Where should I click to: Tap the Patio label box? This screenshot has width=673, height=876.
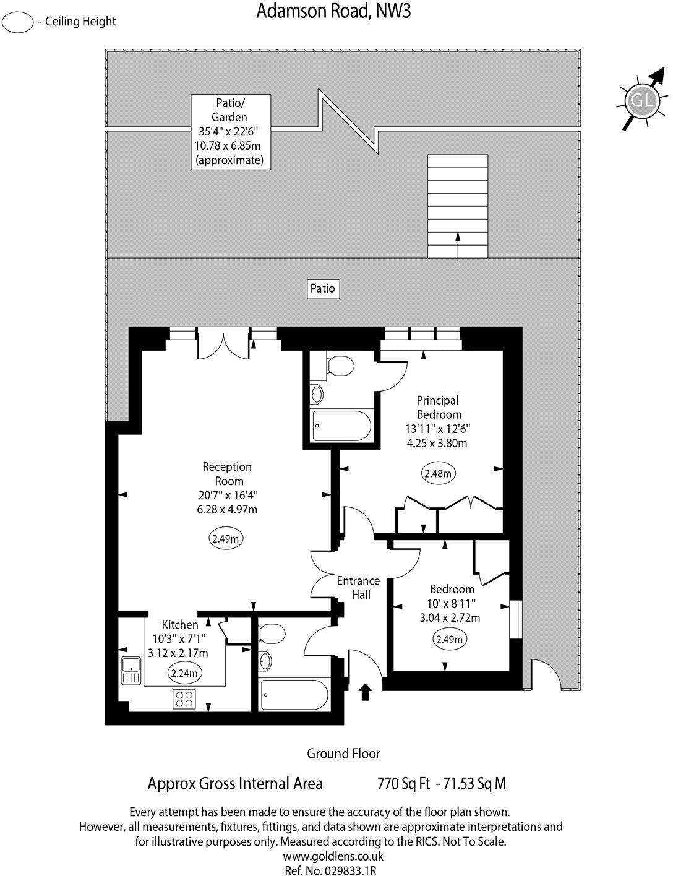[323, 288]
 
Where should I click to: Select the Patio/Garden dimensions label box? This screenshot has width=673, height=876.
[230, 131]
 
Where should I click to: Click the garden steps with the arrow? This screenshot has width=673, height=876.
[457, 207]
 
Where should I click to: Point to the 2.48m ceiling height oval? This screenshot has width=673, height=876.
[439, 474]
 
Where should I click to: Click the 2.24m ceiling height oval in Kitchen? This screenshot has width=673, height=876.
[184, 673]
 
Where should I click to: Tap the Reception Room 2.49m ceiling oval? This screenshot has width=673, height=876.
[225, 539]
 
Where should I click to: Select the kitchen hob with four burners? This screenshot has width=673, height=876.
[184, 698]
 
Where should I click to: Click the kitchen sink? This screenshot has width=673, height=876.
[131, 671]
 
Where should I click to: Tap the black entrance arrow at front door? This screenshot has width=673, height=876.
[365, 692]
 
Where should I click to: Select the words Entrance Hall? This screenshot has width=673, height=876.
[358, 587]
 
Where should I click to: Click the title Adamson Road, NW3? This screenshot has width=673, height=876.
[333, 11]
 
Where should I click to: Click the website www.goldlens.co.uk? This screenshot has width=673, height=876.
[333, 856]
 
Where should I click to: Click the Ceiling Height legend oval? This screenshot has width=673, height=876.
[18, 22]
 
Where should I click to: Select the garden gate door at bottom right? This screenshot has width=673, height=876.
[547, 676]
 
